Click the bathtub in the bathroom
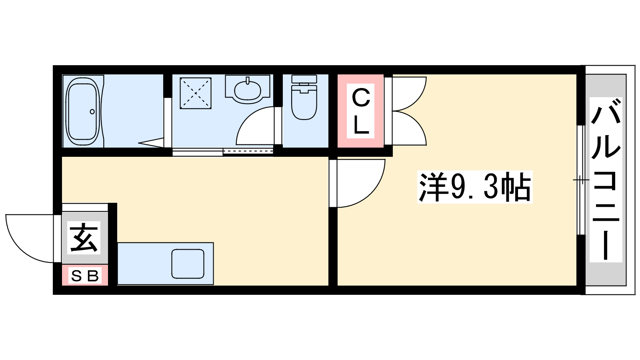tap(83, 112)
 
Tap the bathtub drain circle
tap(92, 112)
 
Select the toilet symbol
tap(304, 97)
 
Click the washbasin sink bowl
tap(248, 90)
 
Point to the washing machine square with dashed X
tap(196, 93)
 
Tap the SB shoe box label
tap(84, 276)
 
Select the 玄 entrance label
tap(84, 238)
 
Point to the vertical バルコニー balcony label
tap(606, 180)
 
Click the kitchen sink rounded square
tap(188, 264)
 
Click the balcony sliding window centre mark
tap(581, 180)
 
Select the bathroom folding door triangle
tap(152, 142)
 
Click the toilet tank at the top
tap(304, 79)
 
